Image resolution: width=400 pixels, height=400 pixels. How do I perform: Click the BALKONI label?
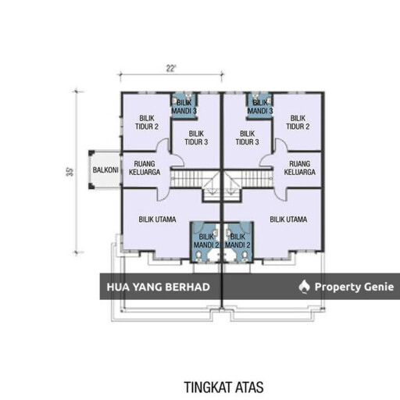(x=105, y=170)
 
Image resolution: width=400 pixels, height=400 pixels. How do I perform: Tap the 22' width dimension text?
(x=171, y=69)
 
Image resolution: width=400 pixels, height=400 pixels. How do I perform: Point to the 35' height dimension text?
(x=70, y=172)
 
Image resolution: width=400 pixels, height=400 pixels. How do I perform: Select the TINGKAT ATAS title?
(x=223, y=387)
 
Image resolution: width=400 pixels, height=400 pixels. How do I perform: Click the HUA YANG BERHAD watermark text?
(x=159, y=287)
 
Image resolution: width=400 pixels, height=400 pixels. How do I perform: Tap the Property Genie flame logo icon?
(x=304, y=287)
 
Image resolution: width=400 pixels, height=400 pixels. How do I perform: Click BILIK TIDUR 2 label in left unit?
(x=147, y=123)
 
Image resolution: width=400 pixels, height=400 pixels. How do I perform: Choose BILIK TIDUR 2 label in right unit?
(x=298, y=123)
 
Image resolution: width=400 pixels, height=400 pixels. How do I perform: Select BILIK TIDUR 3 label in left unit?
(x=196, y=137)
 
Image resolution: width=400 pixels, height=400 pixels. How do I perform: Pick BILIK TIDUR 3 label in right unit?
(x=248, y=137)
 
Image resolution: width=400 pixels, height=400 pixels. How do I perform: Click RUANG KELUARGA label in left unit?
(x=145, y=168)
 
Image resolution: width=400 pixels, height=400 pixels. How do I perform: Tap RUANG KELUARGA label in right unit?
(x=300, y=168)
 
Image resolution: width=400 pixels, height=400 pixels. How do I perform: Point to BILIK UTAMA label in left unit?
(x=157, y=220)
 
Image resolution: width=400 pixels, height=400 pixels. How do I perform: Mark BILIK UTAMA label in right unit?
(x=288, y=220)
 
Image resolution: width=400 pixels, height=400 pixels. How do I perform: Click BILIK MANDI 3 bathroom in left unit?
(x=184, y=106)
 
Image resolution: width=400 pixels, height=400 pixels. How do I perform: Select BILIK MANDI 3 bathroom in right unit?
(x=260, y=106)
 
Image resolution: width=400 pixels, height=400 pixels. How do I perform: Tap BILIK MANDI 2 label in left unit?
(x=206, y=241)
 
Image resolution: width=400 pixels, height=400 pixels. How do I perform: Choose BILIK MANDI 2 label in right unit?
(x=237, y=241)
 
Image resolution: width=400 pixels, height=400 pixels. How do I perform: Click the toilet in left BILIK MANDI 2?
(x=199, y=255)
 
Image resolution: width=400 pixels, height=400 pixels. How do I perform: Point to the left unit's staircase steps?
(x=187, y=179)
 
